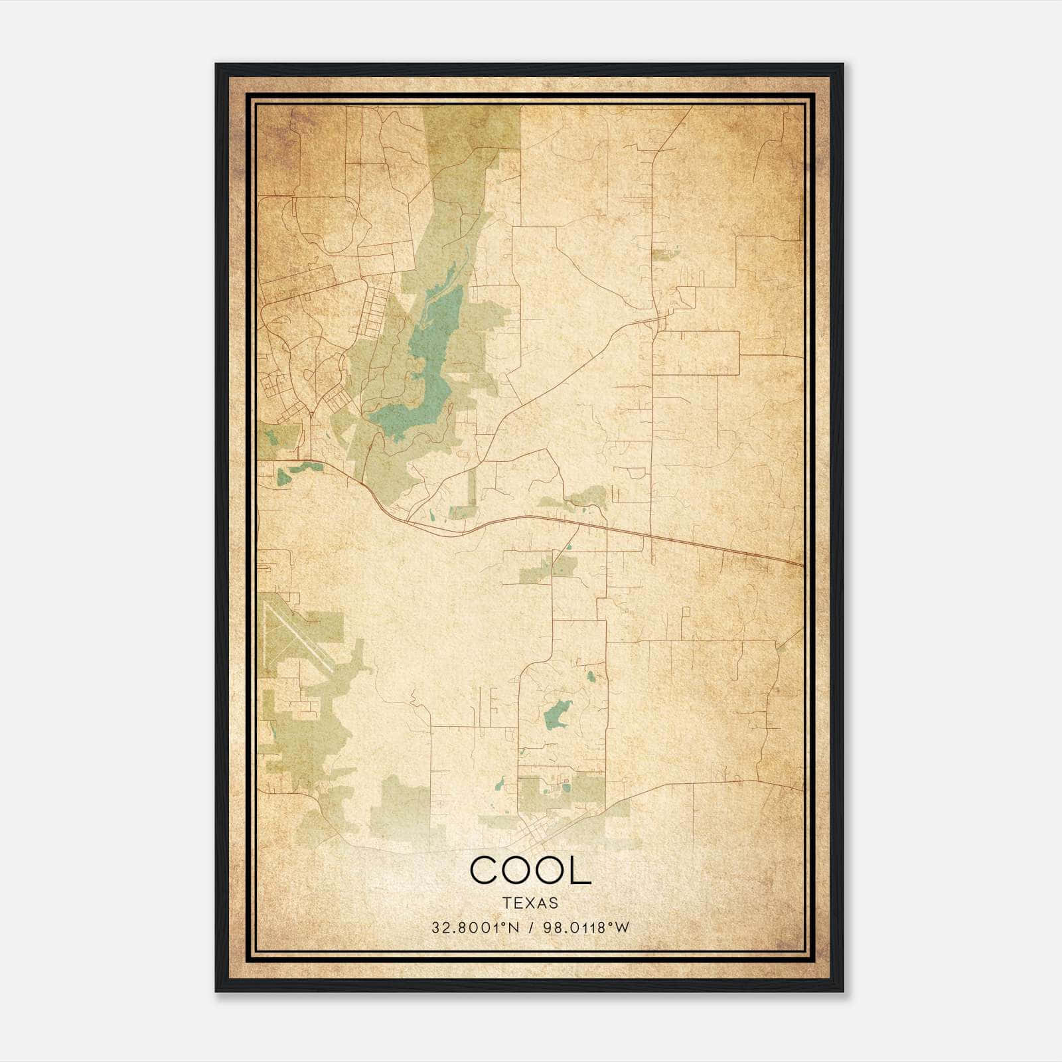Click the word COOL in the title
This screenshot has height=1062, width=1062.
pyautogui.click(x=530, y=871)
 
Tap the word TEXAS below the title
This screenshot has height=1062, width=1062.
pyautogui.click(x=530, y=903)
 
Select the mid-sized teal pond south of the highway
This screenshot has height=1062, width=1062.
pyautogui.click(x=556, y=714)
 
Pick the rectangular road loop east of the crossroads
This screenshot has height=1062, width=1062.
pyautogui.click(x=697, y=352)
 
